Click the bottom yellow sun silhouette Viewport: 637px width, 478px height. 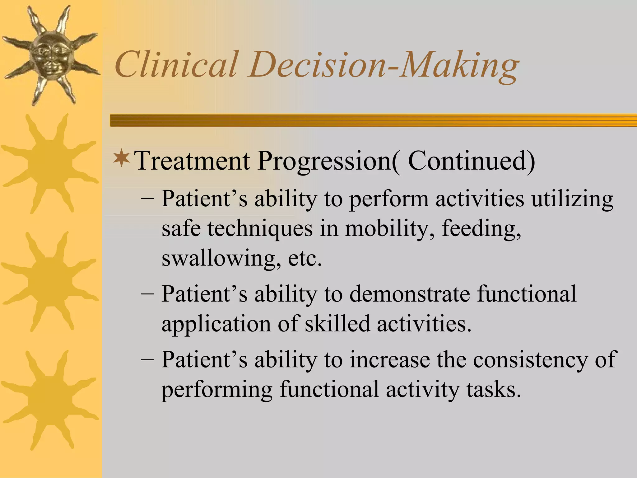pos(50,400)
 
